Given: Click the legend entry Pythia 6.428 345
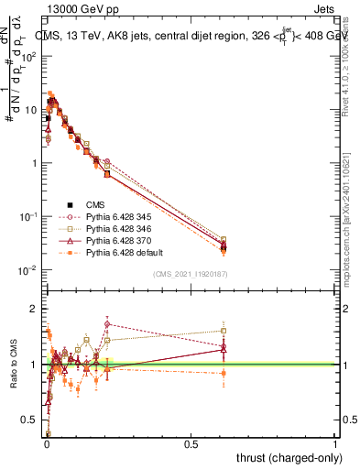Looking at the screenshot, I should coord(109,216).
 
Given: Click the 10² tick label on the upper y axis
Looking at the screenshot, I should coord(30,57).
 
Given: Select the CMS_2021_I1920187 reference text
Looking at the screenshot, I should coord(191,274).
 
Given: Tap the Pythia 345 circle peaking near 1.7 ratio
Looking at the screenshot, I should coord(107,323).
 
